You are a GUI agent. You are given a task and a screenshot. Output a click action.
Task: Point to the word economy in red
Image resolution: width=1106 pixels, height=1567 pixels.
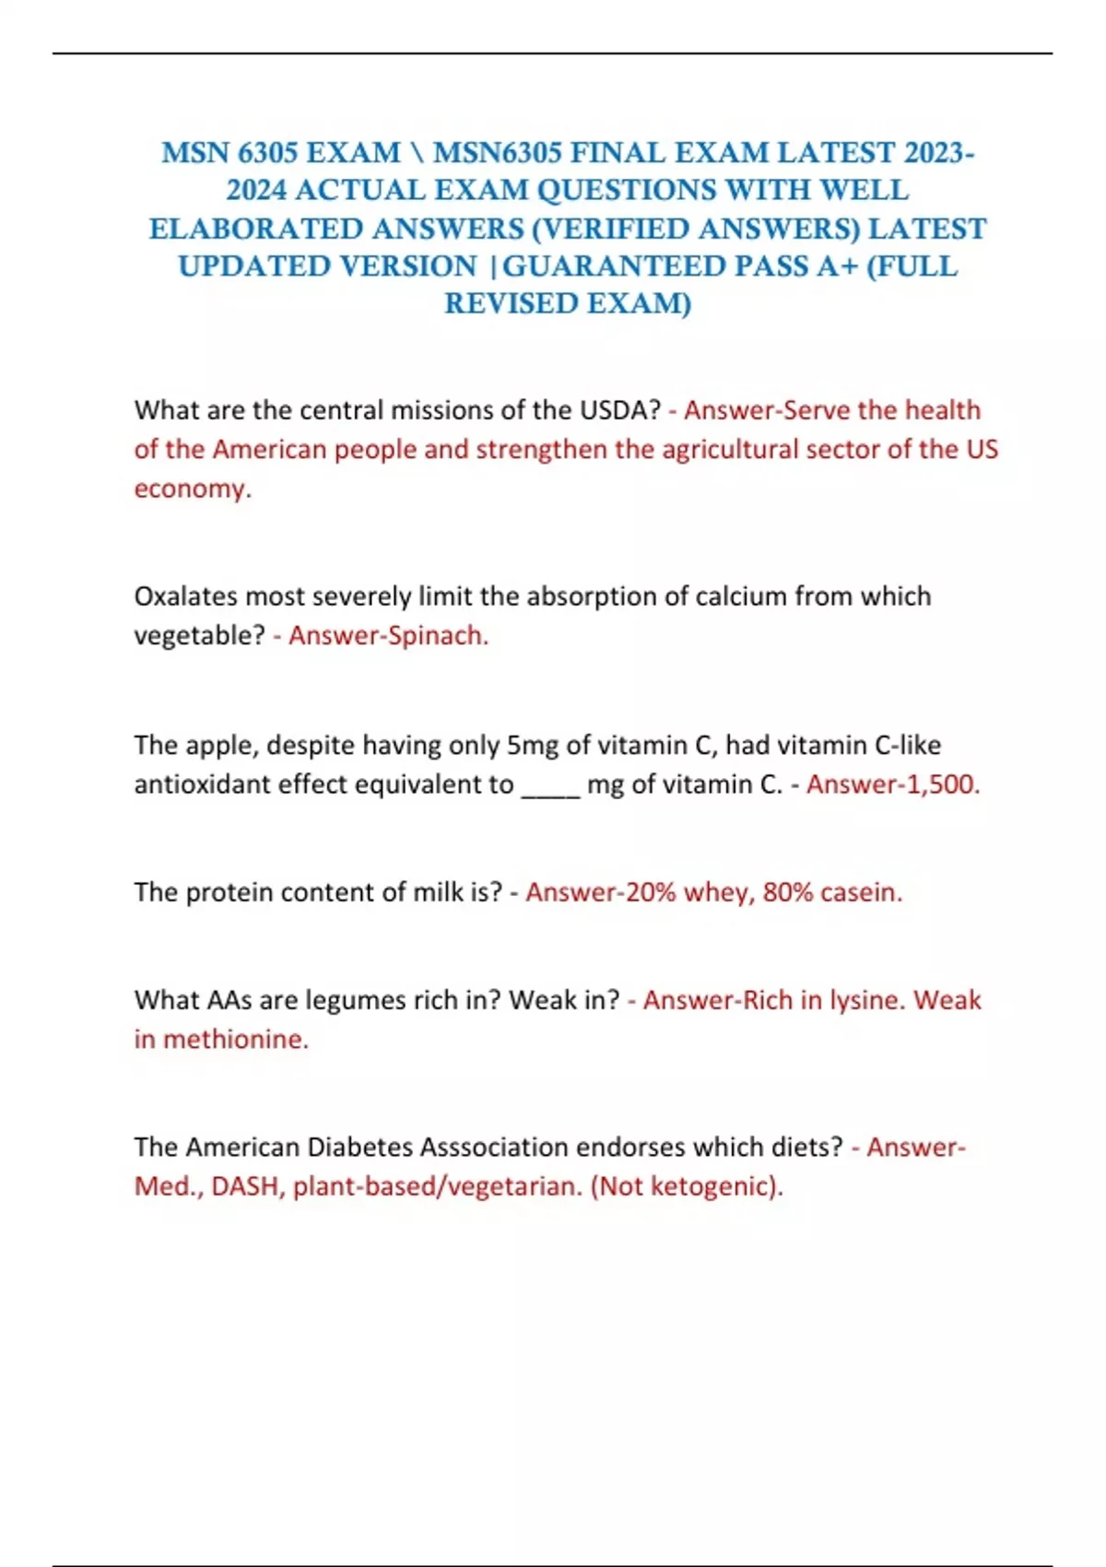191,489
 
